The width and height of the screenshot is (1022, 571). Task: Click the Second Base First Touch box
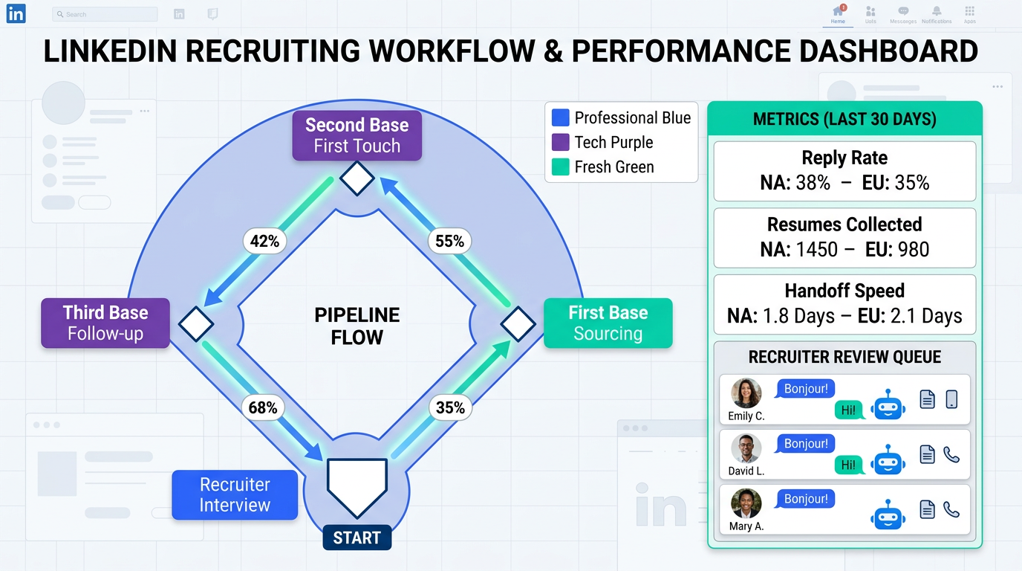pyautogui.click(x=357, y=135)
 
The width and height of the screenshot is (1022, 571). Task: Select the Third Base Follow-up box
pyautogui.click(x=105, y=323)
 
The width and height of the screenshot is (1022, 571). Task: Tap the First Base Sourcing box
pyautogui.click(x=608, y=323)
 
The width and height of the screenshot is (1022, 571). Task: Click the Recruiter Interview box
pyautogui.click(x=235, y=494)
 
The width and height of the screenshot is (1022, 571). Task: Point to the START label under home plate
pyautogui.click(x=357, y=538)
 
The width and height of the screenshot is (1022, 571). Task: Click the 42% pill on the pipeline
pyautogui.click(x=264, y=241)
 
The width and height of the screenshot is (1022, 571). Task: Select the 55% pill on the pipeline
pyautogui.click(x=449, y=241)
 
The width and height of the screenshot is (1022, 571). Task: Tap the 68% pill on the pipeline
pyautogui.click(x=263, y=407)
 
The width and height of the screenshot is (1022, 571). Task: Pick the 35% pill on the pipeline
pyautogui.click(x=450, y=407)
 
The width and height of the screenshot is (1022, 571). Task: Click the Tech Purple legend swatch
pyautogui.click(x=561, y=142)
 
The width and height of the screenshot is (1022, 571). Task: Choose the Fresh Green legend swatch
pyautogui.click(x=561, y=167)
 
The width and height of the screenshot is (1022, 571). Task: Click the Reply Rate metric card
pyautogui.click(x=844, y=171)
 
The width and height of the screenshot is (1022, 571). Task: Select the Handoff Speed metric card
pyautogui.click(x=844, y=304)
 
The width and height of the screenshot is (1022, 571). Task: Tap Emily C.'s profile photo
pyautogui.click(x=746, y=394)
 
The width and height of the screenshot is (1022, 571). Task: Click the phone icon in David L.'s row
pyautogui.click(x=951, y=454)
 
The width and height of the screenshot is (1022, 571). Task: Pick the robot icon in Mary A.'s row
pyautogui.click(x=889, y=514)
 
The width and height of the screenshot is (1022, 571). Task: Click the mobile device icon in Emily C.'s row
pyautogui.click(x=951, y=399)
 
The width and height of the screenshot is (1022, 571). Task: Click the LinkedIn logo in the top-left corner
pyautogui.click(x=16, y=13)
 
